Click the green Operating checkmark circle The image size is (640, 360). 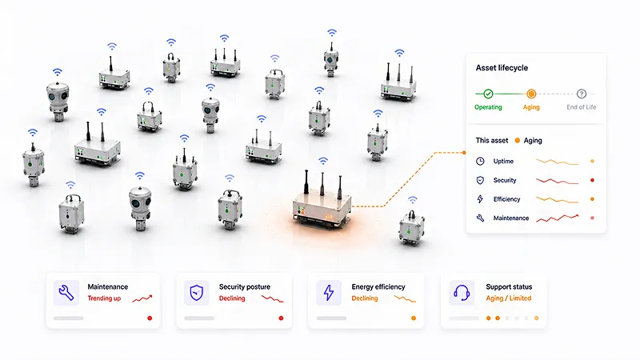(488, 94)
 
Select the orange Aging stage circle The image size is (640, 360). (531, 94)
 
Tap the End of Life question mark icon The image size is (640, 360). (582, 94)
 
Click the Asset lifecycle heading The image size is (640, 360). (502, 68)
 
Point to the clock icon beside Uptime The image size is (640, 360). (480, 162)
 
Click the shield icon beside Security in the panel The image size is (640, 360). (480, 180)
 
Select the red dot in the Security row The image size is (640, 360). (592, 180)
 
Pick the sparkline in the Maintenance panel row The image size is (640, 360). (558, 218)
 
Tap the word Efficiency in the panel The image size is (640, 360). (506, 199)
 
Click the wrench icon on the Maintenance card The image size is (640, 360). (66, 293)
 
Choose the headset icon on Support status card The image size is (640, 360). (462, 293)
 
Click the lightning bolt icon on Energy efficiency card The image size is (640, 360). (329, 293)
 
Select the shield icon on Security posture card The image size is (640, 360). (197, 293)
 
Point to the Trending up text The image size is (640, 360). (104, 298)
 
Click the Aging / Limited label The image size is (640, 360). (509, 298)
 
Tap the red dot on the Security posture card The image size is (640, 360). (281, 318)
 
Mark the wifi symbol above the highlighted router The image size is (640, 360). (323, 161)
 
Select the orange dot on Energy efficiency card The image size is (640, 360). (414, 318)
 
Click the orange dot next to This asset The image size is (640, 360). (517, 141)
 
